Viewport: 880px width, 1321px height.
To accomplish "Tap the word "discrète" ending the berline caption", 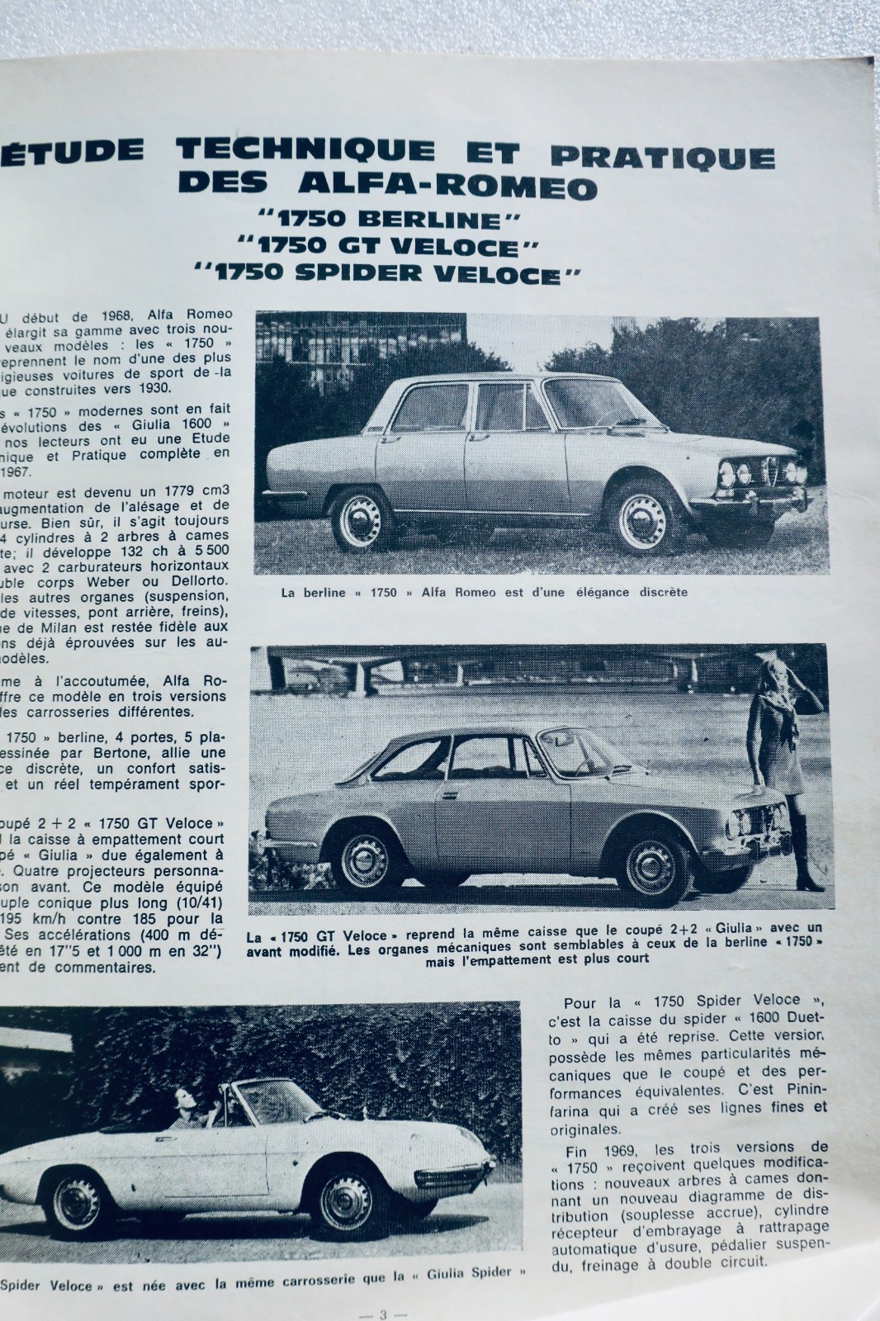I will [x=661, y=592].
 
